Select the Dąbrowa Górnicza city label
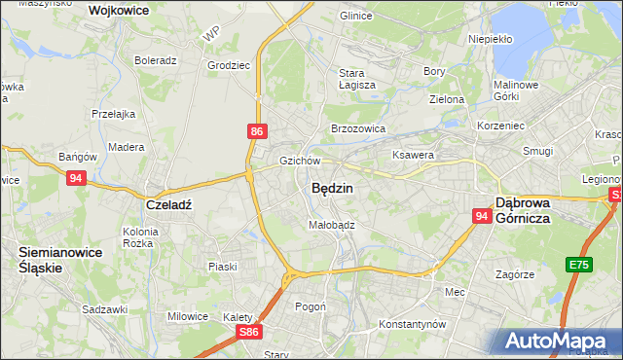pos(537,210)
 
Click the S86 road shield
pos(250,332)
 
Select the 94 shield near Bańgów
pos(77,178)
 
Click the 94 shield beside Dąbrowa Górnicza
pos(481,217)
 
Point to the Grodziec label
pos(229,66)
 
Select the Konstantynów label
pos(412,323)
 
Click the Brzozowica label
pos(359,127)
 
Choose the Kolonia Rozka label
pos(140,237)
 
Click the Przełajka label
pos(114,114)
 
